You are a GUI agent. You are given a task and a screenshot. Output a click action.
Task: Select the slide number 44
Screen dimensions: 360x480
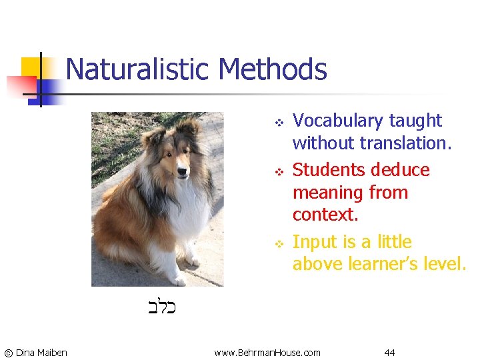pyautogui.click(x=389, y=352)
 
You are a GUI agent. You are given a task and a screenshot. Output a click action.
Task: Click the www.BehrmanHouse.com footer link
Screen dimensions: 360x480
pyautogui.click(x=267, y=352)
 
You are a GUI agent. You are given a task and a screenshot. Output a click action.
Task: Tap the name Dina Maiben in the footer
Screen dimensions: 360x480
pyautogui.click(x=41, y=352)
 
